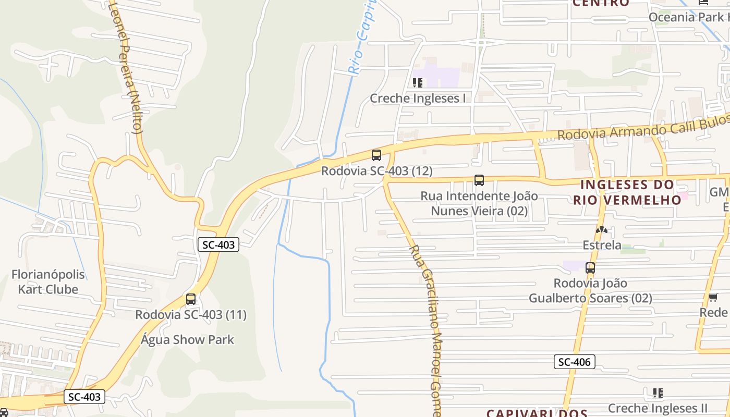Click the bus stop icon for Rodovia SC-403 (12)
(x=376, y=155)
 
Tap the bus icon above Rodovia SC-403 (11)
(x=191, y=299)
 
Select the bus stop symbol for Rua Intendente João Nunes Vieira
(x=479, y=180)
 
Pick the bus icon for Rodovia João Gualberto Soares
(x=590, y=268)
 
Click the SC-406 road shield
(x=574, y=362)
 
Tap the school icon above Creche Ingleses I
(x=417, y=83)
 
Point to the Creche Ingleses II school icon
(x=658, y=393)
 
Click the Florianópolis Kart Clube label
(x=48, y=282)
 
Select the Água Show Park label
(x=188, y=340)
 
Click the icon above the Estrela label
(x=602, y=229)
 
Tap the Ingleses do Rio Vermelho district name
(x=627, y=192)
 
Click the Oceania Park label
(x=688, y=17)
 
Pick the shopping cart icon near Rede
(x=713, y=297)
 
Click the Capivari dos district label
(x=537, y=413)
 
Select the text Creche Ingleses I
(x=417, y=98)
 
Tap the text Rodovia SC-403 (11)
(x=191, y=315)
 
